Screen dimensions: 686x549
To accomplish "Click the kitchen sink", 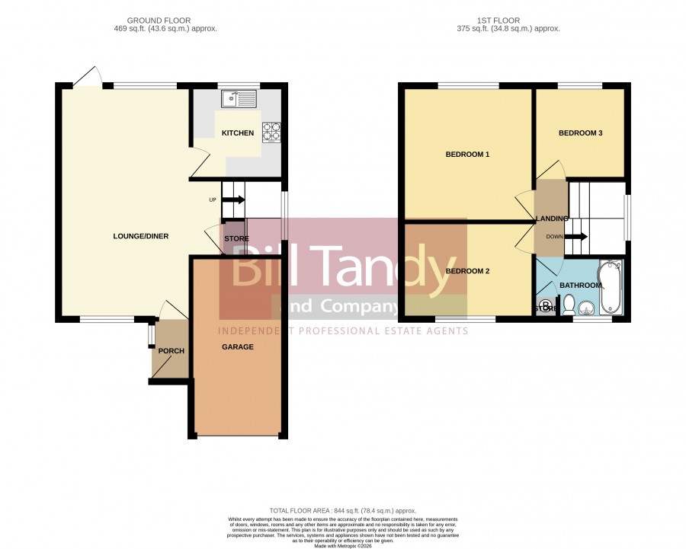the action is pyautogui.click(x=239, y=99).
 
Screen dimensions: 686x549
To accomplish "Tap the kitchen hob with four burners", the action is pyautogui.click(x=271, y=132).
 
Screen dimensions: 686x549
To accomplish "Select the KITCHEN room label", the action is pyautogui.click(x=238, y=133).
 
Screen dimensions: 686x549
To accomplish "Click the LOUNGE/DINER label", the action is pyautogui.click(x=141, y=236).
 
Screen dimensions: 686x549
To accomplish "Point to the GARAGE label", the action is pyautogui.click(x=238, y=347).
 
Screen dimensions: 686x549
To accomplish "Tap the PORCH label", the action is pyautogui.click(x=171, y=351).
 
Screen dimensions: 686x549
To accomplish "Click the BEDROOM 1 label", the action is pyautogui.click(x=467, y=155).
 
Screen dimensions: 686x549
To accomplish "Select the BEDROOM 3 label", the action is pyautogui.click(x=581, y=133).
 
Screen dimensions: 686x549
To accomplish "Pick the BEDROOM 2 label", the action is pyautogui.click(x=467, y=271).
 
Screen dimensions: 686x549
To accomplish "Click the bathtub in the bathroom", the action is pyautogui.click(x=611, y=287).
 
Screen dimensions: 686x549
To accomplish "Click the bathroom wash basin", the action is pyautogui.click(x=586, y=308).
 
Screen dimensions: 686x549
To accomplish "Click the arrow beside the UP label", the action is pyautogui.click(x=234, y=199).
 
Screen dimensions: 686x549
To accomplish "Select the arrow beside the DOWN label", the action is pyautogui.click(x=576, y=237).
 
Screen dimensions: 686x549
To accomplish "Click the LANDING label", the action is pyautogui.click(x=552, y=219).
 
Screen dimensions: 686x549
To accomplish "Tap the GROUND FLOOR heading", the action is pyautogui.click(x=159, y=21).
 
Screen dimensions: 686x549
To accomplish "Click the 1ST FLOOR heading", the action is pyautogui.click(x=498, y=21).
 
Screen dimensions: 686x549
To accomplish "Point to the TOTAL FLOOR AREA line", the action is pyautogui.click(x=343, y=510).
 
